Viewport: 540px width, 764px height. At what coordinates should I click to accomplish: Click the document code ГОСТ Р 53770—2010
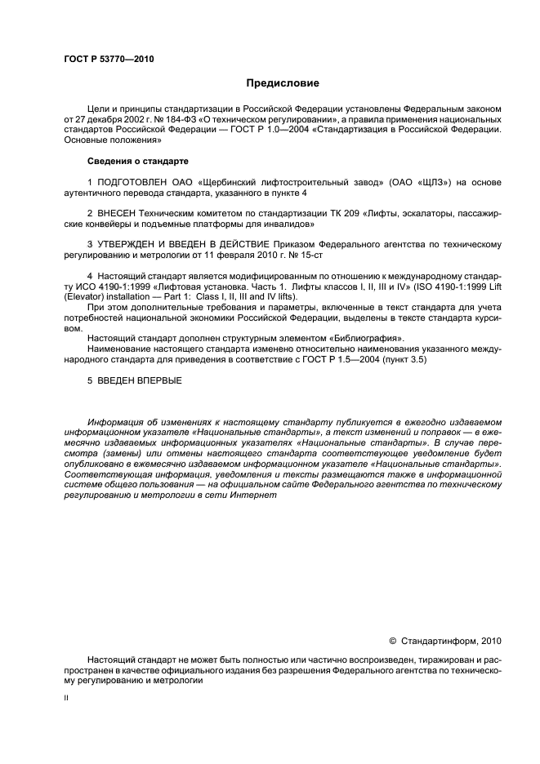(108, 60)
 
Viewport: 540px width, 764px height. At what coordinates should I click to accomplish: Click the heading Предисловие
(282, 82)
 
